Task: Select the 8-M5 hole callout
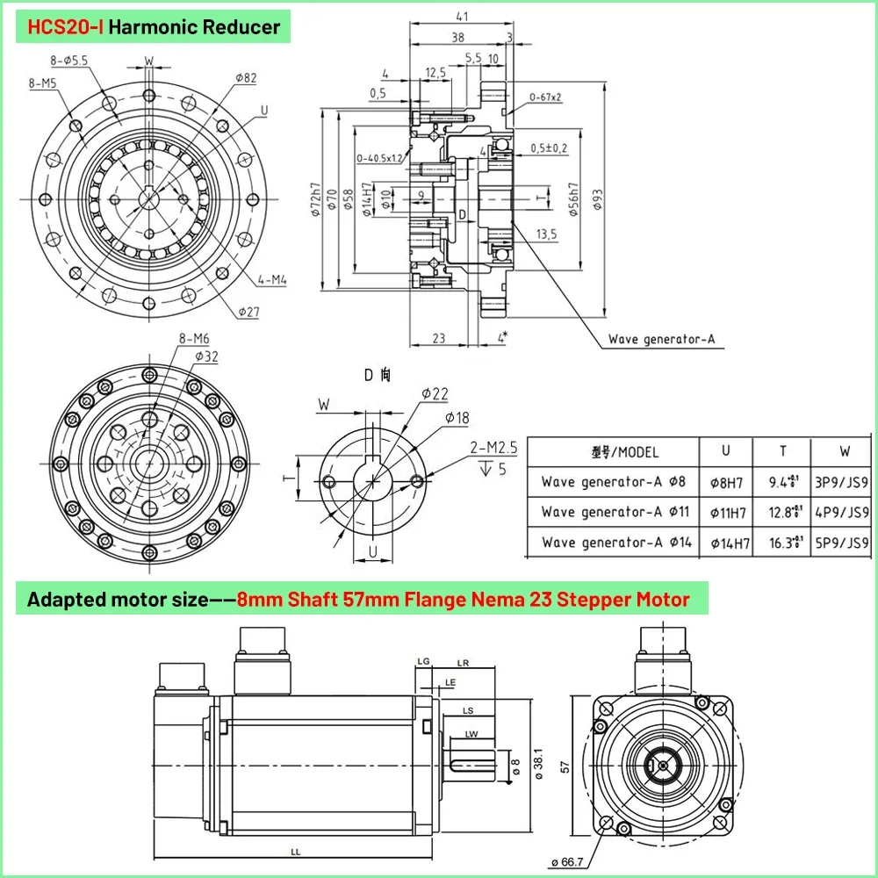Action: point(41,84)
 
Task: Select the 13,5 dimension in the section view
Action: point(546,234)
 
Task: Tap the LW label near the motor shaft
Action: point(471,734)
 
